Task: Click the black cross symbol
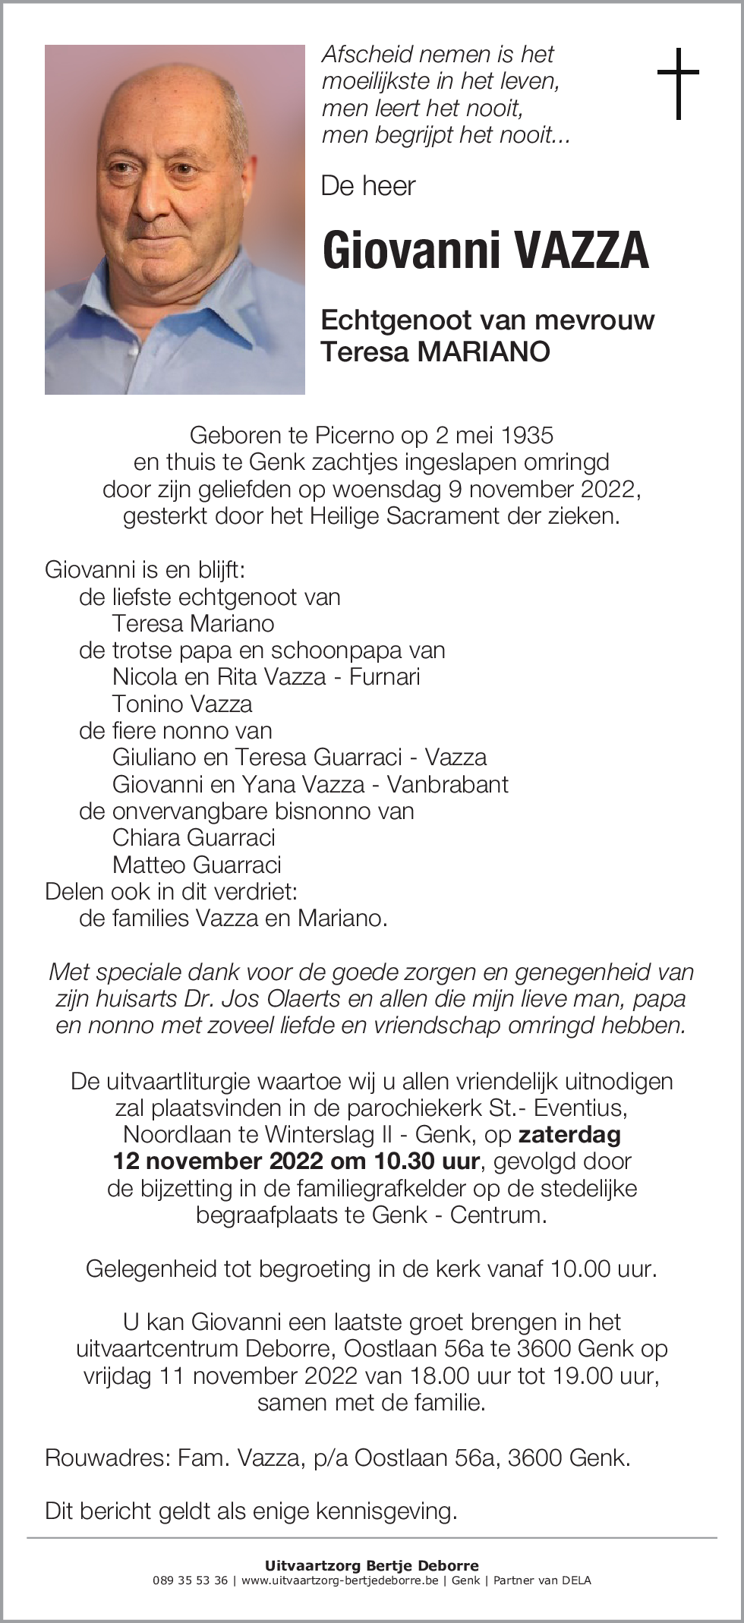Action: [x=677, y=84]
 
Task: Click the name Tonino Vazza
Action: [x=182, y=704]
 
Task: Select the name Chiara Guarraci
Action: [x=194, y=837]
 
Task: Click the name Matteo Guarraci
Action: [x=197, y=865]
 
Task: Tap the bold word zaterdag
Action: [x=569, y=1135]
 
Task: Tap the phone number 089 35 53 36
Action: [x=190, y=1581]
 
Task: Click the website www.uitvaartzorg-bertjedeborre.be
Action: [x=341, y=1581]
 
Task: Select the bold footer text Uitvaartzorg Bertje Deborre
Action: [x=371, y=1565]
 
